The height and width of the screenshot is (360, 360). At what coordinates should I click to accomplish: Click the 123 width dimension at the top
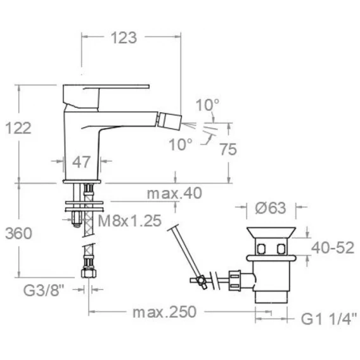pyautogui.click(x=124, y=37)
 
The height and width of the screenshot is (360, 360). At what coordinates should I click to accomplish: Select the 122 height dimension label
pyautogui.click(x=18, y=128)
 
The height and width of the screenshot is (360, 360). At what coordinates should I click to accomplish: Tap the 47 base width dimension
pyautogui.click(x=81, y=162)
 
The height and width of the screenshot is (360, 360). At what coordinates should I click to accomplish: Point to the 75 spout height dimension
pyautogui.click(x=228, y=149)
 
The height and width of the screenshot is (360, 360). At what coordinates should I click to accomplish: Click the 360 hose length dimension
pyautogui.click(x=18, y=233)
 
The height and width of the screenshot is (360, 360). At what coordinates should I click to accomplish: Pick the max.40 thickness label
pyautogui.click(x=174, y=193)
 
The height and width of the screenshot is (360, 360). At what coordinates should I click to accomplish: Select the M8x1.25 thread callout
pyautogui.click(x=130, y=221)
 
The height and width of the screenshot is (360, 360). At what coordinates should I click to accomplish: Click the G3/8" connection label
pyautogui.click(x=43, y=290)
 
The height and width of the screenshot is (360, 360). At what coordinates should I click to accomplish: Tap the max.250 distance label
pyautogui.click(x=165, y=312)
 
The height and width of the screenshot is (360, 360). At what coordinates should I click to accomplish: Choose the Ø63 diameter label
pyautogui.click(x=271, y=208)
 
